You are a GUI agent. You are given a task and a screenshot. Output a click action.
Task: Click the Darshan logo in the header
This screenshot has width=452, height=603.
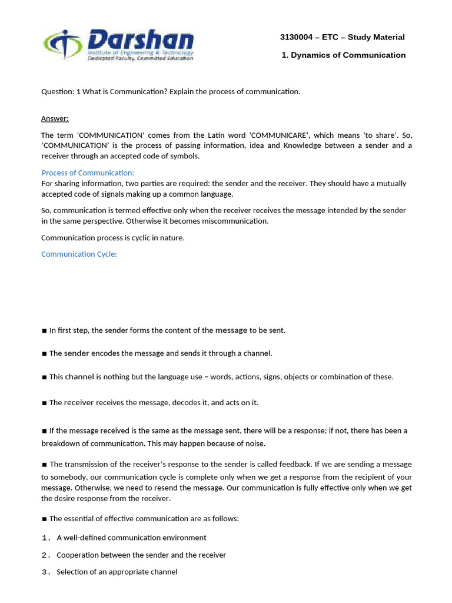click(118, 46)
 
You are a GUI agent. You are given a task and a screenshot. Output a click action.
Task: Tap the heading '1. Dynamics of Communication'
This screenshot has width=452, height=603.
click(344, 55)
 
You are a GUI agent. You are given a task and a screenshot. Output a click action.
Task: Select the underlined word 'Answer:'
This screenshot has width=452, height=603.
click(55, 118)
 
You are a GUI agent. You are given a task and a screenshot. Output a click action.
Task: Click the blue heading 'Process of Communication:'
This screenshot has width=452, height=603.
click(88, 173)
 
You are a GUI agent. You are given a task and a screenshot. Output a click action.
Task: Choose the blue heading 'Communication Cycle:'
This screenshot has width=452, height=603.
click(79, 254)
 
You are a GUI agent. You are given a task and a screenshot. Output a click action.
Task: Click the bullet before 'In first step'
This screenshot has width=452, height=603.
click(44, 330)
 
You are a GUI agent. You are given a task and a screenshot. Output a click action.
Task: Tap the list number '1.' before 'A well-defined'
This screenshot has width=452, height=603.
click(47, 538)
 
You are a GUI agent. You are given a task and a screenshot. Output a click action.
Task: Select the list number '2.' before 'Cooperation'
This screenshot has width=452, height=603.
click(47, 555)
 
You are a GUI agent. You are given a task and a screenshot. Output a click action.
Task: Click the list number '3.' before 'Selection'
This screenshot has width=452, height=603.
click(47, 572)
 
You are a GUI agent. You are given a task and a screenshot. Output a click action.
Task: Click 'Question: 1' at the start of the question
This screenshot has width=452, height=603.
click(61, 91)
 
